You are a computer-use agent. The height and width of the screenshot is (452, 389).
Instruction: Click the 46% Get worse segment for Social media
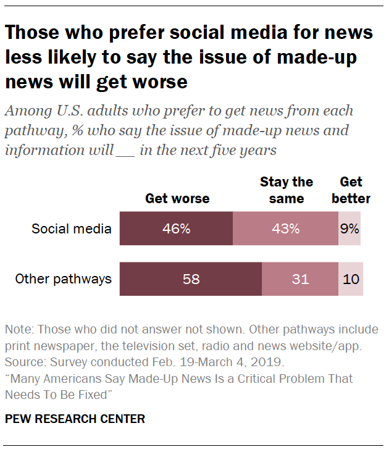point(176,228)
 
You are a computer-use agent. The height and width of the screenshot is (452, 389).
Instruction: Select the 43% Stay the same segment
point(285,228)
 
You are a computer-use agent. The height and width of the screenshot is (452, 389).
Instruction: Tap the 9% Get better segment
point(349,228)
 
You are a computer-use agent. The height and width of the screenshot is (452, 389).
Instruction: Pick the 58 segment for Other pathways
point(191,279)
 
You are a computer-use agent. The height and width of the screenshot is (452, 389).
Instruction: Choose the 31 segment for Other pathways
point(300,279)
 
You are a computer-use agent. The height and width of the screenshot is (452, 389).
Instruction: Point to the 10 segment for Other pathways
point(351,279)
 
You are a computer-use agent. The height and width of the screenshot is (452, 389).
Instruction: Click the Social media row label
point(72,229)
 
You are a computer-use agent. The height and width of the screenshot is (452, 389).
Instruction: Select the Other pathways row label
point(64,279)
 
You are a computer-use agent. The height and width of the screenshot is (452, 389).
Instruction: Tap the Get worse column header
point(177,199)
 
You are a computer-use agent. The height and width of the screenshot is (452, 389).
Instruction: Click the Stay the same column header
point(287,190)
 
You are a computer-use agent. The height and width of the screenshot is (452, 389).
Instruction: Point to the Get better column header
point(351,190)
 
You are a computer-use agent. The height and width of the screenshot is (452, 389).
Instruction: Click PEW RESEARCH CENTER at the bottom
point(75,419)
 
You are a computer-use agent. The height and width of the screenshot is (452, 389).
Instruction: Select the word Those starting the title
point(31,32)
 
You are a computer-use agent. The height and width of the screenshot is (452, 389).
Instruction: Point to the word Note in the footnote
point(18,329)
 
